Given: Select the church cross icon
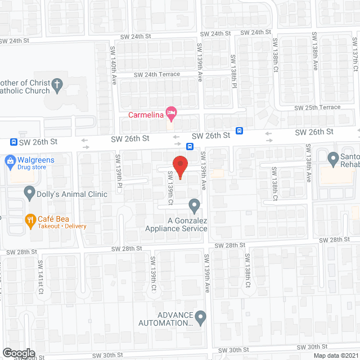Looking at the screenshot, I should [x=56, y=86].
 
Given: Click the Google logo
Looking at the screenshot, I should [x=19, y=353].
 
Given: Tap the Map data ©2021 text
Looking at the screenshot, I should [x=336, y=355].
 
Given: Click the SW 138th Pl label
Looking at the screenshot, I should [x=233, y=69].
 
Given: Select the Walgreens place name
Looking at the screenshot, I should [x=37, y=160].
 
